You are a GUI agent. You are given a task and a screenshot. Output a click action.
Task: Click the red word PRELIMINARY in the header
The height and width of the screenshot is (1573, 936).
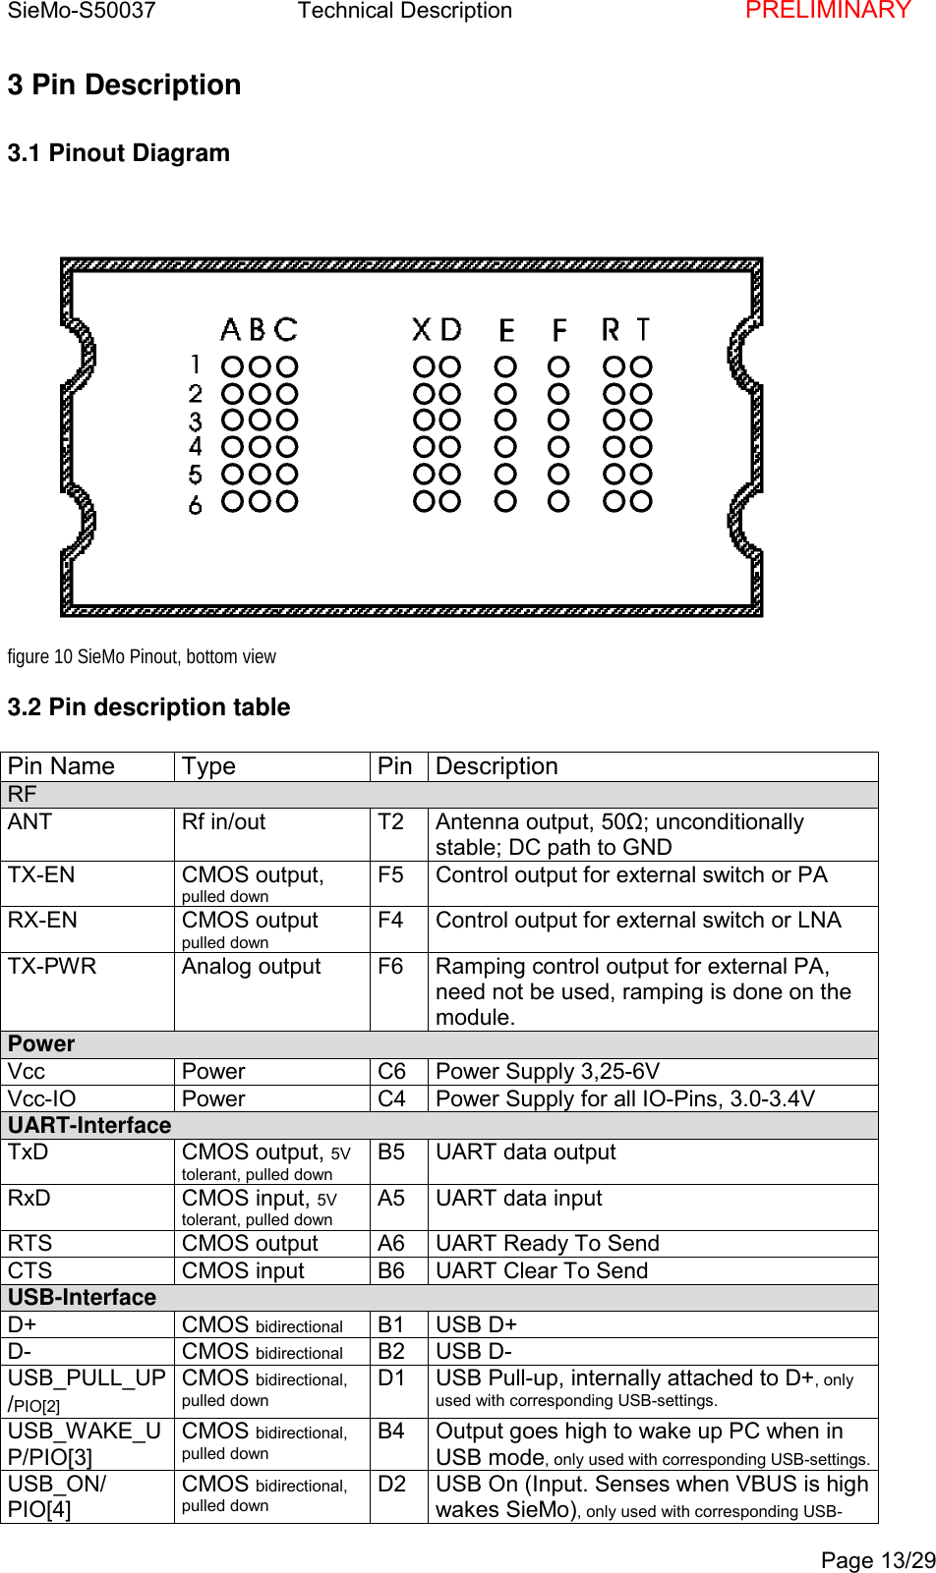(x=828, y=11)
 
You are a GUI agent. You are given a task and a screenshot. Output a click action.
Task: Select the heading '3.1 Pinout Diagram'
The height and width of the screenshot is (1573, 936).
(x=119, y=153)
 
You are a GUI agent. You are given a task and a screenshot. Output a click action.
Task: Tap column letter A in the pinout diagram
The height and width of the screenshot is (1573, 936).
(x=231, y=329)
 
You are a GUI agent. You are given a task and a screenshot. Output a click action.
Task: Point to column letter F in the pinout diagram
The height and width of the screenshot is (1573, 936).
(x=558, y=329)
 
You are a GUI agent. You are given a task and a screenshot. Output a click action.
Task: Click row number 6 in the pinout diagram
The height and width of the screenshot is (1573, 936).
(x=196, y=504)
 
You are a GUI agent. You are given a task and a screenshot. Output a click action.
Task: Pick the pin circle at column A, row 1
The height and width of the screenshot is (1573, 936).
(x=233, y=366)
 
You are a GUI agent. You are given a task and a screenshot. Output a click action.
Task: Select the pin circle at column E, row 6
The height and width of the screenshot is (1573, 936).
(x=505, y=501)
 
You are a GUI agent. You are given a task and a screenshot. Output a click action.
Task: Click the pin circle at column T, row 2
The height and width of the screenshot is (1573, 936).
(x=641, y=393)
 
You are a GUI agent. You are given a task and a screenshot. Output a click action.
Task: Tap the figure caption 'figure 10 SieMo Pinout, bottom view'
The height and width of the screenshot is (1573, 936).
(x=142, y=656)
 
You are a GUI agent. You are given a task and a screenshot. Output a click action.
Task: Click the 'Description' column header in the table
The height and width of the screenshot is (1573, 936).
(x=497, y=766)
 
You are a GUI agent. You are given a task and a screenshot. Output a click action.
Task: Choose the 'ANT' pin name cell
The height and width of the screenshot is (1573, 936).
(x=30, y=822)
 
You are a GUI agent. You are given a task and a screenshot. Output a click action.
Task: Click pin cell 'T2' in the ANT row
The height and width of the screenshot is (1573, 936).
(x=390, y=822)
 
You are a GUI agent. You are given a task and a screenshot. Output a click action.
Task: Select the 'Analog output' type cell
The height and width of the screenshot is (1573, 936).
(x=252, y=967)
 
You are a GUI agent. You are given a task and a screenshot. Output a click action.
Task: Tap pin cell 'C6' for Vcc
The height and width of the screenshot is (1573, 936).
(x=391, y=1071)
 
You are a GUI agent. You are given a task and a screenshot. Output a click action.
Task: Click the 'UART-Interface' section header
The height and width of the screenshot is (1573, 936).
(x=89, y=1125)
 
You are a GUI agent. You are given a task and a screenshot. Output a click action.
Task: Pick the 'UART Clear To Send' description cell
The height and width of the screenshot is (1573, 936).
(x=542, y=1270)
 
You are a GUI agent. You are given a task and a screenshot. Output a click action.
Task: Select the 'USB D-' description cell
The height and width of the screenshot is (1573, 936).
(x=474, y=1351)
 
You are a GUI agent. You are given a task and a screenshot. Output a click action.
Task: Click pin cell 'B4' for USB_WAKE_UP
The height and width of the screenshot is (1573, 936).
(x=391, y=1432)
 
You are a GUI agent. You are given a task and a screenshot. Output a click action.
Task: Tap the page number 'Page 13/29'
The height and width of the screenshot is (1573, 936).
(x=878, y=1560)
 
